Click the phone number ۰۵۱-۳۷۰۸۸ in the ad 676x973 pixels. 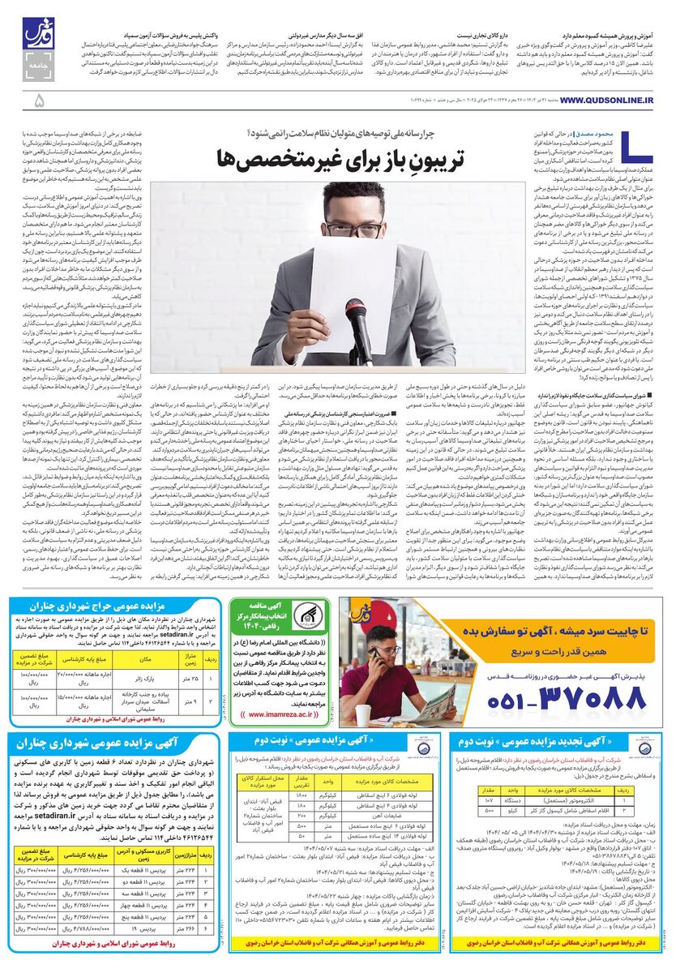568,695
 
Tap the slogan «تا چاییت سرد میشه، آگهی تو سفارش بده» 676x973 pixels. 567,631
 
